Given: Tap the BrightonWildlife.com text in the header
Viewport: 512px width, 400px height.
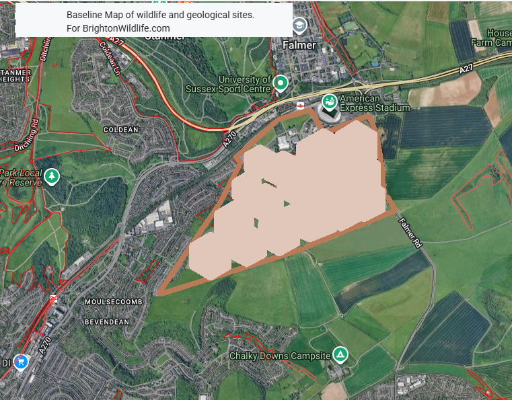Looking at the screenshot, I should (128, 28).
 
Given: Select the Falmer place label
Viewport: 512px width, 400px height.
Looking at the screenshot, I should (299, 45).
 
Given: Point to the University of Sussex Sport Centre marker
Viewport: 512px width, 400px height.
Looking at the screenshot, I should (281, 83).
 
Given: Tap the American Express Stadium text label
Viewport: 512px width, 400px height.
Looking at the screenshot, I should (374, 103).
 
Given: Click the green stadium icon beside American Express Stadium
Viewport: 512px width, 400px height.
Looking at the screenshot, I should (330, 102).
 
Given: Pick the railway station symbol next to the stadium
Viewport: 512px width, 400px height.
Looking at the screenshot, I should (300, 105).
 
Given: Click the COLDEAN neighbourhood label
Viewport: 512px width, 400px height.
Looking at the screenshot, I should (121, 129).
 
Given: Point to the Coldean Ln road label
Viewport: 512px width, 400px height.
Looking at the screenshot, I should (111, 59).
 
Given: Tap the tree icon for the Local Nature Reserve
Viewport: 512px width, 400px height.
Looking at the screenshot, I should (52, 177).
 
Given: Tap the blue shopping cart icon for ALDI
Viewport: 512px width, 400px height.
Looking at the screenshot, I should (22, 362).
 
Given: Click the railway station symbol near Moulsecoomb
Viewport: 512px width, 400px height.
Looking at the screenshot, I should (52, 298).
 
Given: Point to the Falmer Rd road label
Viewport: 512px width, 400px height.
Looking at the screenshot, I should (410, 232).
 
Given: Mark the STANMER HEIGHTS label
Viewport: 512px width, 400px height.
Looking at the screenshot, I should (15, 75).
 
